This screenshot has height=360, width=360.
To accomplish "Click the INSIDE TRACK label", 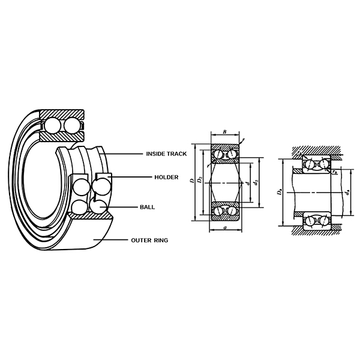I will [x=166, y=154].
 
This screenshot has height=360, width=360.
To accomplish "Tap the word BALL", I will [x=147, y=207].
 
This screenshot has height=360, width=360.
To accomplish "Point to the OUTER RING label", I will [x=149, y=240].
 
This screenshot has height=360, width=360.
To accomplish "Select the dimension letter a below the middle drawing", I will [x=223, y=229].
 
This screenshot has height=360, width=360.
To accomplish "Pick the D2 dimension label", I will [x=199, y=181].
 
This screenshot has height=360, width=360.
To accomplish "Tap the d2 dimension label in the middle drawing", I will [x=256, y=181].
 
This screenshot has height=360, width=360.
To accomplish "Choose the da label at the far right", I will [x=349, y=193].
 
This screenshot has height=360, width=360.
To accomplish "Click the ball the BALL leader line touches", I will [x=97, y=206].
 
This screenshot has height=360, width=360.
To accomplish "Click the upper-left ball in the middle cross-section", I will [x=218, y=154].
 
